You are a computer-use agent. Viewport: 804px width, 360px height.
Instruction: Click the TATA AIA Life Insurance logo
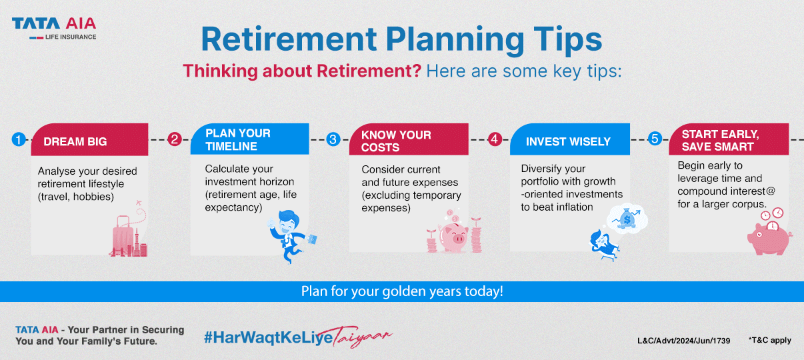(54, 29)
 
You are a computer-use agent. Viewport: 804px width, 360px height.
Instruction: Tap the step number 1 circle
(19, 139)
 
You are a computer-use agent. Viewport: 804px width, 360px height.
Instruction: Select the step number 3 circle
(333, 139)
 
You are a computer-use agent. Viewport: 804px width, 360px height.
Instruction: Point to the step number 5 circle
(655, 139)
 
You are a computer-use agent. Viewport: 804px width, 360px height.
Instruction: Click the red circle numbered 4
(495, 139)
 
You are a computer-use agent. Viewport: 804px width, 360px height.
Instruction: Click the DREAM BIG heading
(75, 142)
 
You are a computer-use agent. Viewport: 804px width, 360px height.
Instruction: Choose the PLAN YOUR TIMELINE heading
(238, 139)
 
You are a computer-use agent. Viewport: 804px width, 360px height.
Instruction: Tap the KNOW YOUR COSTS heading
(396, 141)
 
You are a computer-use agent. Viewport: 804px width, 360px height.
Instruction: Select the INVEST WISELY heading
(568, 142)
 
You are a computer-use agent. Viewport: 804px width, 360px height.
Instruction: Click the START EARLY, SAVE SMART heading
(721, 141)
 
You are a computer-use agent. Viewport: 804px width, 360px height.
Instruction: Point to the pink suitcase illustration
(123, 236)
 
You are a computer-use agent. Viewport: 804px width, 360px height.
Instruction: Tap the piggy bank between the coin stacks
(454, 237)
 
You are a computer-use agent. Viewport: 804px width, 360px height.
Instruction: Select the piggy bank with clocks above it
(769, 238)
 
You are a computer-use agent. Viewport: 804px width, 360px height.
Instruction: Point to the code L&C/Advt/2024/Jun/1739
(684, 341)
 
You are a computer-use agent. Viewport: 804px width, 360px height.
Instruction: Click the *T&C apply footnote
(770, 340)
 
